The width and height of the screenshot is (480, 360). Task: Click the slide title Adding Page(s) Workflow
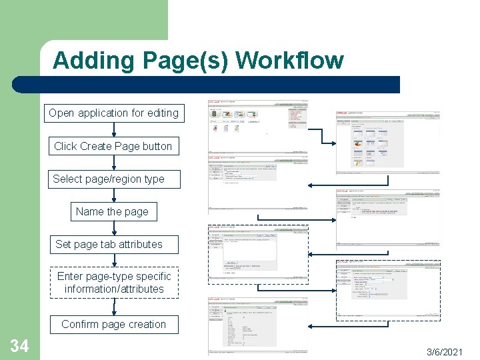point(198,61)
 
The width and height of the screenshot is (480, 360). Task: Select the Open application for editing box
point(113,113)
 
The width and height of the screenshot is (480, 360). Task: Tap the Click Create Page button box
point(113,146)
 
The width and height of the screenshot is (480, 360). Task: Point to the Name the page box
point(113,211)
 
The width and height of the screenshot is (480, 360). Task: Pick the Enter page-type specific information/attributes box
point(114,283)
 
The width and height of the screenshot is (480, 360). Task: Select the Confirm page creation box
point(113,324)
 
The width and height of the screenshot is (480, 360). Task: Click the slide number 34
point(19,345)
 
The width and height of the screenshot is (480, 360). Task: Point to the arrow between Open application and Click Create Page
point(113,129)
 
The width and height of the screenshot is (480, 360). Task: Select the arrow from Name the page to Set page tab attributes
point(113,228)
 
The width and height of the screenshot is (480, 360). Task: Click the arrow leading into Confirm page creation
point(113,307)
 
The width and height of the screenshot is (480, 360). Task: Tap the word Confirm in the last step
point(79,324)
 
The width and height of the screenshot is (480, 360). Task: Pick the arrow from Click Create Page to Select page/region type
point(113,162)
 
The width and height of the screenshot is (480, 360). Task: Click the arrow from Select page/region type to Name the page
point(113,195)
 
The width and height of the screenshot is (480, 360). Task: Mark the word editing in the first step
point(163,113)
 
